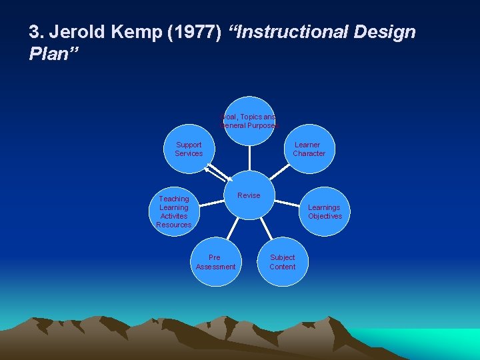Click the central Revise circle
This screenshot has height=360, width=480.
(x=249, y=195)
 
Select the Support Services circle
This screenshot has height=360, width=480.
(x=189, y=149)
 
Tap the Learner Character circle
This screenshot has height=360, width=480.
(x=309, y=149)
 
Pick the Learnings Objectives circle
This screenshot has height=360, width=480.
(x=325, y=212)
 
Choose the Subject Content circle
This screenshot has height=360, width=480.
(x=282, y=262)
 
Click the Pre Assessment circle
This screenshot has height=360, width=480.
(x=215, y=262)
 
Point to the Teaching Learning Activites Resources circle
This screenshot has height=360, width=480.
(x=174, y=212)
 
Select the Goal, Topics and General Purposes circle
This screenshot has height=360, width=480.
(x=249, y=121)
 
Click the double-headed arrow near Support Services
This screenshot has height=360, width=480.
(x=217, y=173)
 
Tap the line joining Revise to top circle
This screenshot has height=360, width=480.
(x=249, y=159)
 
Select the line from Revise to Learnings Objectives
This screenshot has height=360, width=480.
(x=288, y=202)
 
